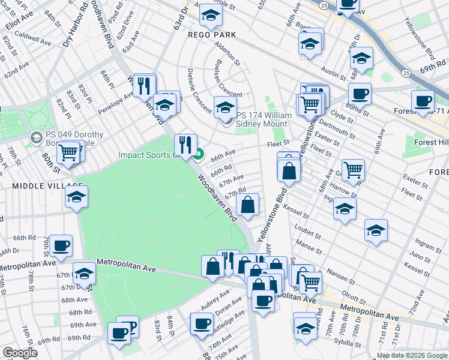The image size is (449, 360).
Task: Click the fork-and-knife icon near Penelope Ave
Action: (144, 85)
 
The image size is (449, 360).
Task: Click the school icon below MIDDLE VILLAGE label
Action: (76, 196)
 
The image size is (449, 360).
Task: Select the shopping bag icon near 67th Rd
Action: (247, 205)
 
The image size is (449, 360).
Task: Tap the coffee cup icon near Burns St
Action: (360, 94)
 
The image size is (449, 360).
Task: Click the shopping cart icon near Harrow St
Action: (353, 169)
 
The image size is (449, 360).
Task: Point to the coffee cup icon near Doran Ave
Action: (201, 323)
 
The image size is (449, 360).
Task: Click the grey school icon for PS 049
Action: (36, 139)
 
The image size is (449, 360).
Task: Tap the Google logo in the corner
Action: (20, 353)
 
